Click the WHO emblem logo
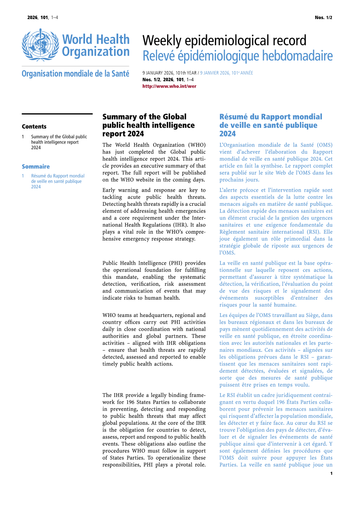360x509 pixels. point(40,45)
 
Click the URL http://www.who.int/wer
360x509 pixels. point(169,86)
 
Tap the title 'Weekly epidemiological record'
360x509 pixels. point(224,41)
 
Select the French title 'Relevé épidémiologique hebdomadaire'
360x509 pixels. point(237,56)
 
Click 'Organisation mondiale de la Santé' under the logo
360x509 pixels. point(75,74)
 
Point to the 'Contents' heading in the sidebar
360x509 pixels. point(34,127)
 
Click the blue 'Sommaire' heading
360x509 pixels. point(36,166)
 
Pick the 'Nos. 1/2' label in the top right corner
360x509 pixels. point(324,17)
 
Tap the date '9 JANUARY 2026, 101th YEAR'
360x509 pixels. point(170,73)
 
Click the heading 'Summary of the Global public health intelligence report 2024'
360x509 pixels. point(148,125)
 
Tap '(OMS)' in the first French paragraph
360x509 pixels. point(324,145)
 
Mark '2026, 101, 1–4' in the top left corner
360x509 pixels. point(43,17)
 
